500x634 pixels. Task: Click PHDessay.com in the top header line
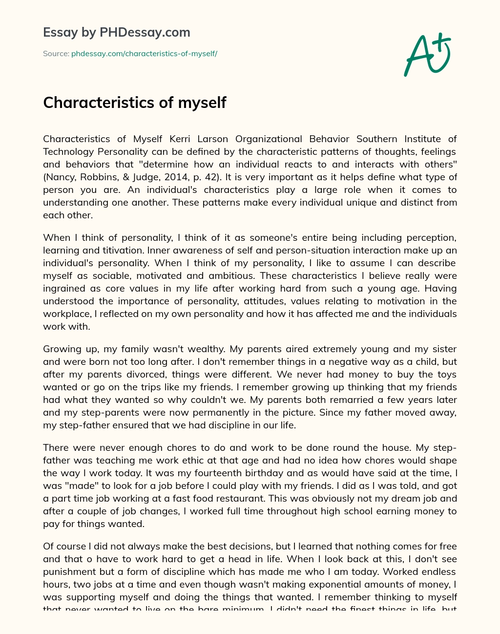tap(145, 32)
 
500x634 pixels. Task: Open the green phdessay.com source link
tap(144, 54)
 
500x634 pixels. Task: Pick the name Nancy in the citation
tap(59, 177)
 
